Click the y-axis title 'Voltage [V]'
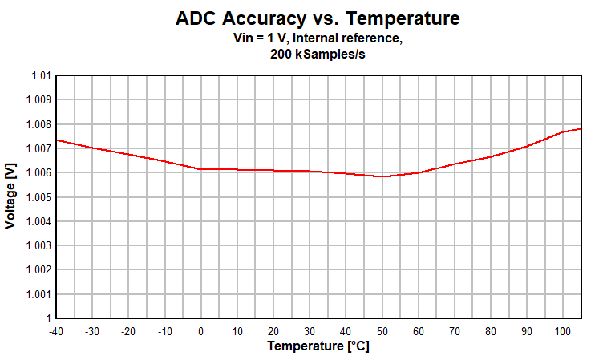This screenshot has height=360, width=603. pos(10,197)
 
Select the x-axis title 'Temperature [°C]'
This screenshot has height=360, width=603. pos(318,346)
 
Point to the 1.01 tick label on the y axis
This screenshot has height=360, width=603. pos(41,76)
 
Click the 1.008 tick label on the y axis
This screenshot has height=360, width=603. pos(38,124)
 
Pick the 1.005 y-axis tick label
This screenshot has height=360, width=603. pos(38,197)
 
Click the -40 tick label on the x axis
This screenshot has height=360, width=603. pos(55,331)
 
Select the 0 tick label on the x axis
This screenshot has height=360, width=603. pos(200,331)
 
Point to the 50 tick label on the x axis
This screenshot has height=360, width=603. pos(382,331)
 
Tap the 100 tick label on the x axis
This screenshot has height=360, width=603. pos(564,331)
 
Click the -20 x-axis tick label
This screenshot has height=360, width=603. pos(128,331)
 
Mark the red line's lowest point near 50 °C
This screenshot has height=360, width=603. pos(382,176)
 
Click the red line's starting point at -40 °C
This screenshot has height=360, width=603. pos(56,140)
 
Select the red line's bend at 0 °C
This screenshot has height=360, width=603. pos(200,169)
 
